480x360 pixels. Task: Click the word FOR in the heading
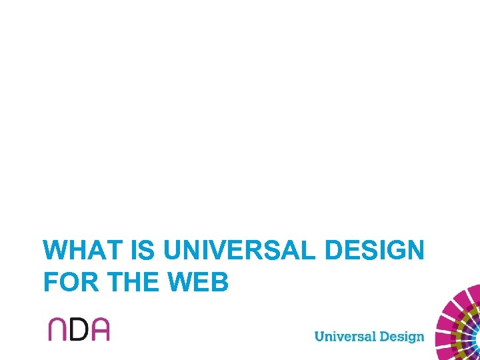[x=67, y=283]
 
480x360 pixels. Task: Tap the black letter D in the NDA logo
[x=79, y=329]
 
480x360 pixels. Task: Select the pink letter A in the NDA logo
[x=99, y=329]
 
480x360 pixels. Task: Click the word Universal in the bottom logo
[x=345, y=335]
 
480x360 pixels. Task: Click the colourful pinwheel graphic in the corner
[x=461, y=327]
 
